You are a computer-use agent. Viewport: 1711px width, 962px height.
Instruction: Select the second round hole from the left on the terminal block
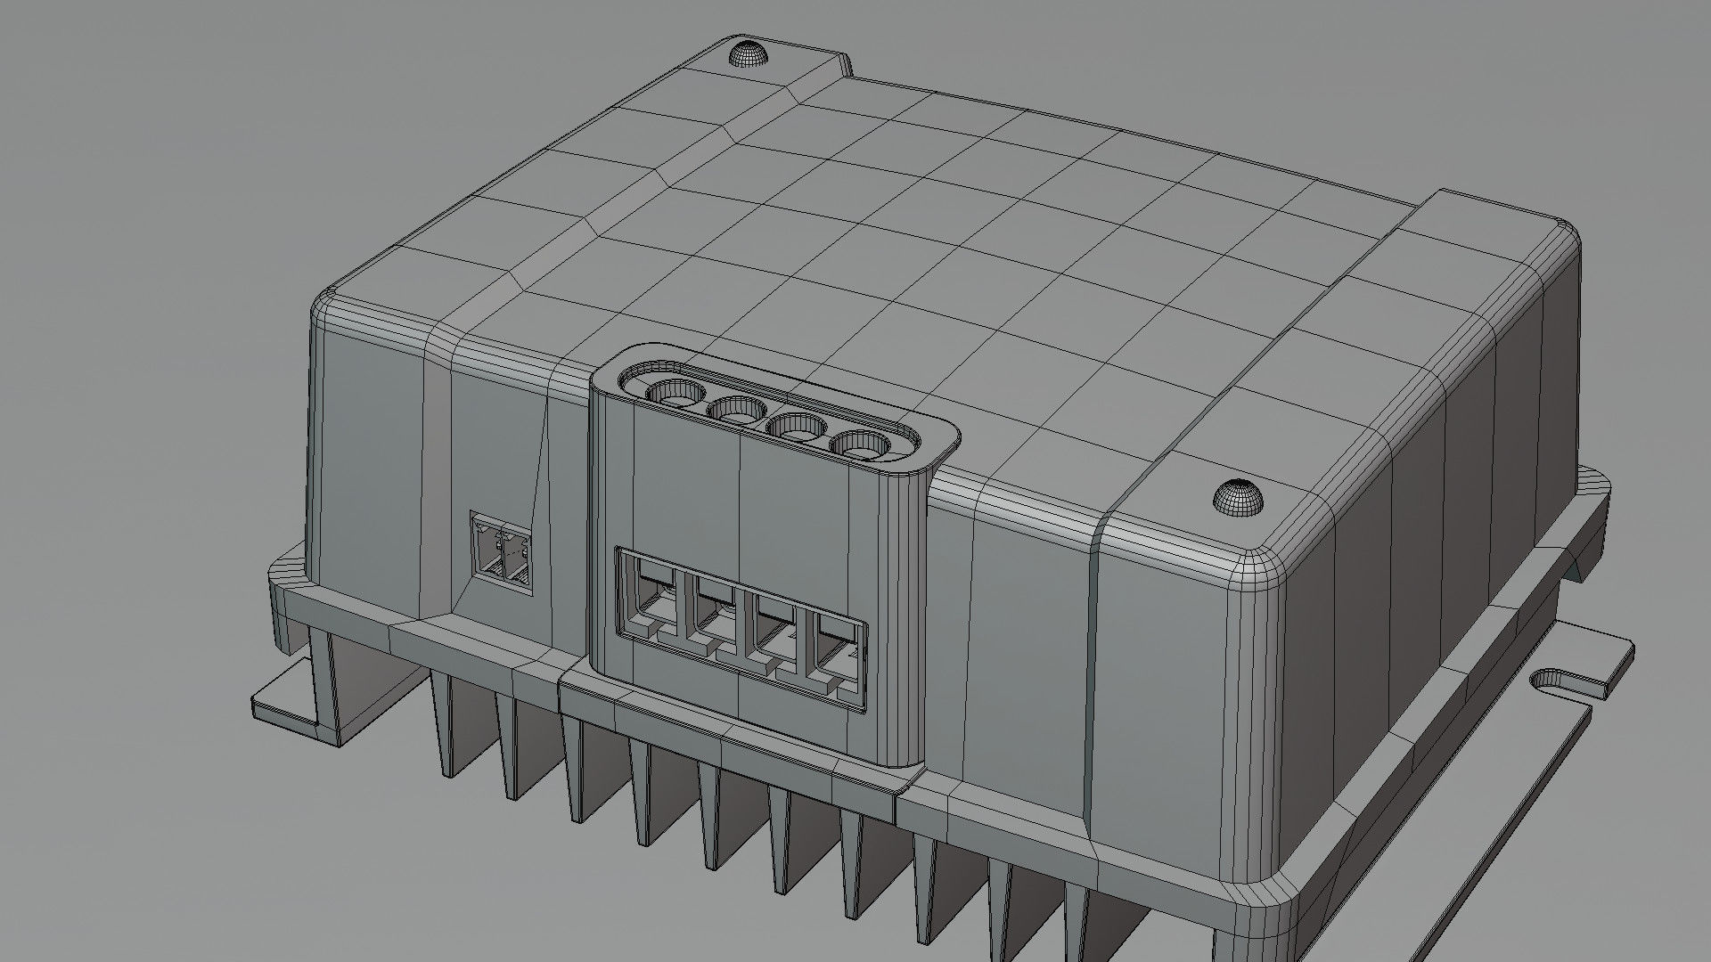click(x=736, y=411)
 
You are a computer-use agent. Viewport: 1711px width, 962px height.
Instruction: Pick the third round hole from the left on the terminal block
click(x=797, y=427)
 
